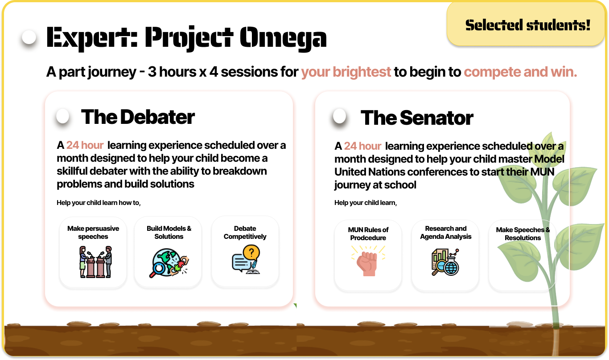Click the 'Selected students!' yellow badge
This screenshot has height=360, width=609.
[526, 24]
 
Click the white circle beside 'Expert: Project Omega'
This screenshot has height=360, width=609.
[29, 37]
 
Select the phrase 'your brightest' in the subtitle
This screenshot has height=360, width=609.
[346, 72]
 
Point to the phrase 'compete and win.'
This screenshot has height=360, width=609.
[520, 72]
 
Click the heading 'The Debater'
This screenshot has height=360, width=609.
[138, 117]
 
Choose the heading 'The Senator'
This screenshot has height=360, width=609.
[417, 118]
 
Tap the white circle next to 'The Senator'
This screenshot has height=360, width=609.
[340, 116]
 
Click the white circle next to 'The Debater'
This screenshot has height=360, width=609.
[62, 116]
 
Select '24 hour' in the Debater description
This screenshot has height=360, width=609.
[85, 145]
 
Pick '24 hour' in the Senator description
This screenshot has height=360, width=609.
[363, 146]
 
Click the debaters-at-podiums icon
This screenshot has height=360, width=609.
[95, 262]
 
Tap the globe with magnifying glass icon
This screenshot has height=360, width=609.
[169, 263]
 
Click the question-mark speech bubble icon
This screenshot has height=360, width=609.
[246, 259]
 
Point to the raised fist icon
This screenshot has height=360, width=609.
[368, 261]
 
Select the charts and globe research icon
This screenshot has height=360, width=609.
[445, 262]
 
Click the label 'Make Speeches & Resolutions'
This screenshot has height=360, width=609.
[523, 233]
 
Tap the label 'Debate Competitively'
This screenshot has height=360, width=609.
[245, 232]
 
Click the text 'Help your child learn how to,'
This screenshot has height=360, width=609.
[99, 203]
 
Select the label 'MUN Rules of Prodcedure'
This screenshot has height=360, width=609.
[368, 233]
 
